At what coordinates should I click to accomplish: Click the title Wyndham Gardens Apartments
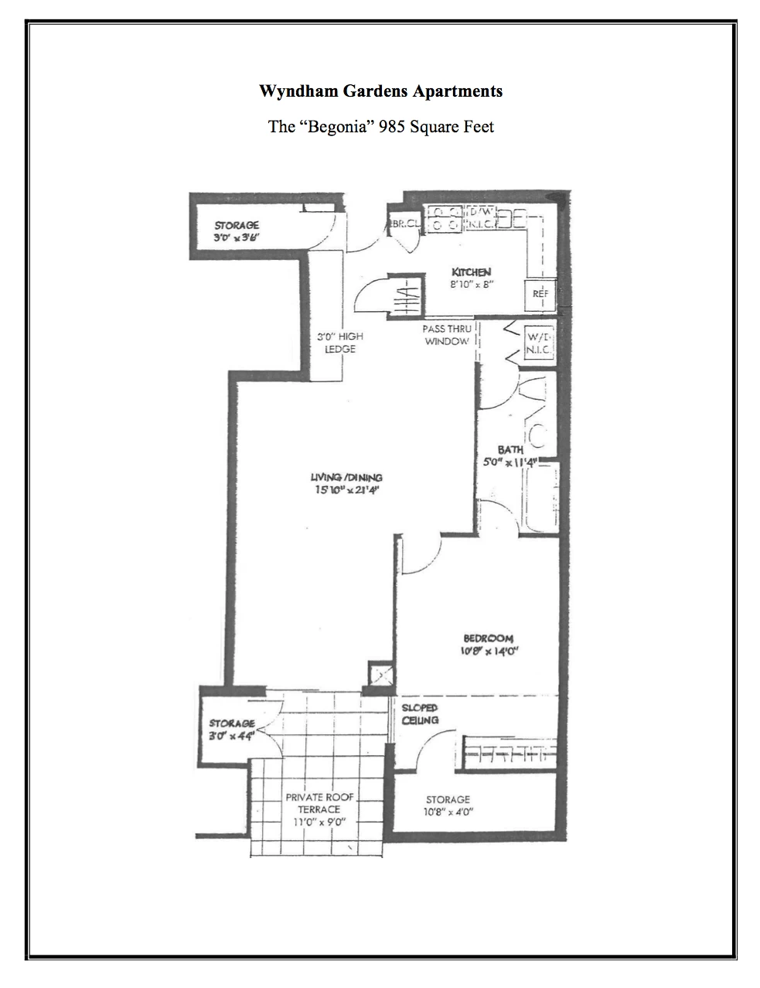[380, 91]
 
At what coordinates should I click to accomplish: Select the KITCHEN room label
[471, 272]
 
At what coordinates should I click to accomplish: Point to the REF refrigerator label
[540, 294]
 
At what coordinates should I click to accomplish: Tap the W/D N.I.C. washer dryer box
[538, 344]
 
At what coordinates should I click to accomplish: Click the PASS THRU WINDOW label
[447, 335]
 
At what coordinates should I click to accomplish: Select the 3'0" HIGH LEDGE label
[340, 343]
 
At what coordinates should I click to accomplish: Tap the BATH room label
[510, 450]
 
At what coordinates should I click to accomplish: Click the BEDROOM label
[488, 638]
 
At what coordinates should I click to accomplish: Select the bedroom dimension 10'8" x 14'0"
[488, 651]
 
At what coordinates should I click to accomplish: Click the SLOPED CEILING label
[420, 714]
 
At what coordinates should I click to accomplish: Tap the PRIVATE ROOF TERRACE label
[319, 803]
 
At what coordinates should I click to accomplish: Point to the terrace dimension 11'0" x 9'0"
[319, 822]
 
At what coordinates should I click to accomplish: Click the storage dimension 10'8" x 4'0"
[448, 812]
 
